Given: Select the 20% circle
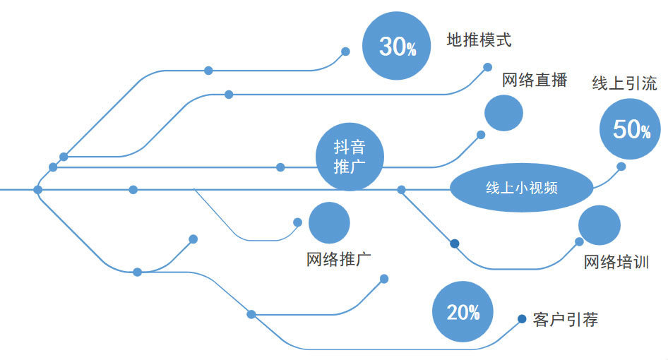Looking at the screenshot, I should tap(463, 312).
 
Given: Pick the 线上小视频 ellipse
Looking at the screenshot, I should tap(522, 188).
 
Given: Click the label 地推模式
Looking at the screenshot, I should tap(479, 40).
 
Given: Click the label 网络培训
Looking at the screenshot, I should tap(616, 263).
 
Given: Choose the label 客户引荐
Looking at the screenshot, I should tap(566, 320).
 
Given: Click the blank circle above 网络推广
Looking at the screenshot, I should tap(329, 222).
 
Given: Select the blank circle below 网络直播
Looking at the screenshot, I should tap(503, 113).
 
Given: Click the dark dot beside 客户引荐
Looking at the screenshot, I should tap(522, 319).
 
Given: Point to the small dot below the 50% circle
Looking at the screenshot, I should tap(621, 167).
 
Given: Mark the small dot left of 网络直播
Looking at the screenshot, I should tap(487, 67).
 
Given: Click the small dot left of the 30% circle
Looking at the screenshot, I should tap(345, 52).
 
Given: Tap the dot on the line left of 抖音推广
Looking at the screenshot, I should tap(280, 167).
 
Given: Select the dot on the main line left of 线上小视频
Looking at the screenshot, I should tap(401, 189).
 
